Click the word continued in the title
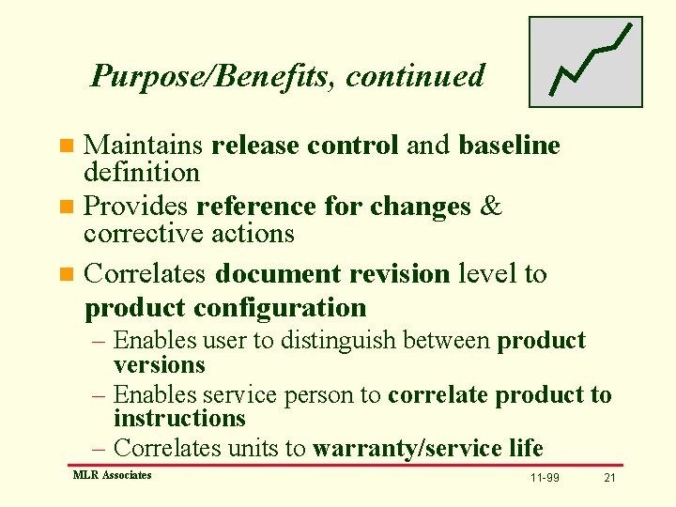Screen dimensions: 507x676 pyautogui.click(x=415, y=75)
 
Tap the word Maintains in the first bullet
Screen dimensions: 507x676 pyautogui.click(x=144, y=146)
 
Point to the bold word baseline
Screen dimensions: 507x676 pyautogui.click(x=509, y=146)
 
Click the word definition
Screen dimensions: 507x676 pyautogui.click(x=142, y=173)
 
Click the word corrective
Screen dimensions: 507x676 pyautogui.click(x=145, y=233)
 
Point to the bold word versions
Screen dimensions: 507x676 pyautogui.click(x=159, y=364)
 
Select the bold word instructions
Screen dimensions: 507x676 pyautogui.click(x=179, y=419)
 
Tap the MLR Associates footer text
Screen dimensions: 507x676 pyautogui.click(x=112, y=475)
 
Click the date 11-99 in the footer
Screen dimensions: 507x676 pyautogui.click(x=544, y=478)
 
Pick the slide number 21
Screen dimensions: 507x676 pyautogui.click(x=609, y=478)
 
